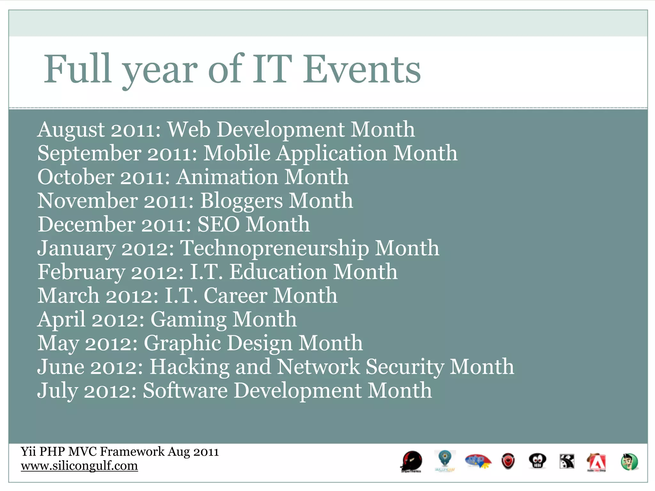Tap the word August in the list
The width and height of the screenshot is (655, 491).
71,130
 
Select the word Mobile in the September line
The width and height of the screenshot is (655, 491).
237,153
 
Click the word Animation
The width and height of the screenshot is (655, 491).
227,177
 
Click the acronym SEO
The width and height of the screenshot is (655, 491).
218,224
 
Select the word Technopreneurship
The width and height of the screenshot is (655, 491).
274,248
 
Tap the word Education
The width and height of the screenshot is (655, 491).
278,272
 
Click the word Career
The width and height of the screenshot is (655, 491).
235,296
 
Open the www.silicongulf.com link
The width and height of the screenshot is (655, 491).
79,466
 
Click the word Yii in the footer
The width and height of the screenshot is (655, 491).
28,452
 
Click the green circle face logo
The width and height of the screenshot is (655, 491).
629,462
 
